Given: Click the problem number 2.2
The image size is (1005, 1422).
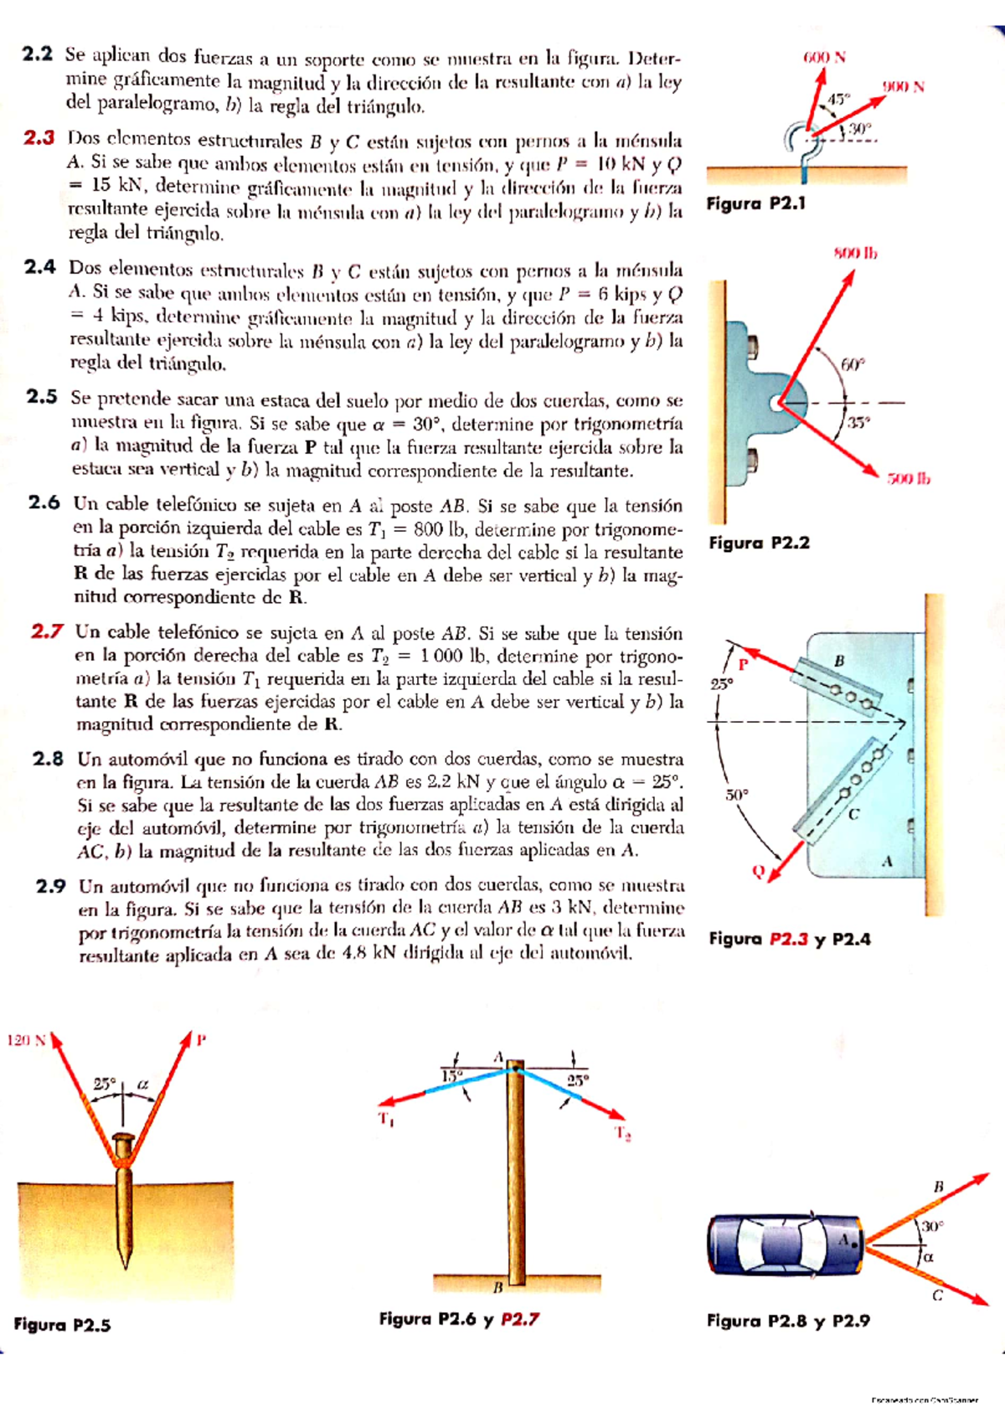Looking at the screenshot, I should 38,54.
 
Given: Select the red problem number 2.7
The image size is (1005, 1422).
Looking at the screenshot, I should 47,631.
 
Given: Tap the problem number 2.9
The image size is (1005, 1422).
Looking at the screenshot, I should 51,885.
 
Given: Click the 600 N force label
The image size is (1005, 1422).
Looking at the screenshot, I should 824,58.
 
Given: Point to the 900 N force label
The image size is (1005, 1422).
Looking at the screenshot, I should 903,87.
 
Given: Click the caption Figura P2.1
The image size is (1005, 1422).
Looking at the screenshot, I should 755,204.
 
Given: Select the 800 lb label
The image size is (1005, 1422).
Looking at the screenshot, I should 854,253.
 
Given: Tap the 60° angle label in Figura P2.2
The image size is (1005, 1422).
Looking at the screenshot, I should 852,365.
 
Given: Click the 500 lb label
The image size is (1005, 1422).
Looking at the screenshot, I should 909,479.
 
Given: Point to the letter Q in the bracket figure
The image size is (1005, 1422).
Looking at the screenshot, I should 758,872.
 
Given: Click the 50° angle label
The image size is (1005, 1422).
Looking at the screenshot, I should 737,795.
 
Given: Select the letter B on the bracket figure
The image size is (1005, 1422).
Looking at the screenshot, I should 839,662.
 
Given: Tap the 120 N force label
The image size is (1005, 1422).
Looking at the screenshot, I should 26,1040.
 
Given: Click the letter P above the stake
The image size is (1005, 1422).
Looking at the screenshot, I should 201,1040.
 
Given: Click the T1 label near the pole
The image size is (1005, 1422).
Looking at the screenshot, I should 386,1119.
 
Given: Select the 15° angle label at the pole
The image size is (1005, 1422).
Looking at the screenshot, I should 451,1075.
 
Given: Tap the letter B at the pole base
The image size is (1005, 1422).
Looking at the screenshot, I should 497,1285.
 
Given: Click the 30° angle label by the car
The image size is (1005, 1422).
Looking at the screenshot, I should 933,1226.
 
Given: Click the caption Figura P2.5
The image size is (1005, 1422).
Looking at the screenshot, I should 62,1325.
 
